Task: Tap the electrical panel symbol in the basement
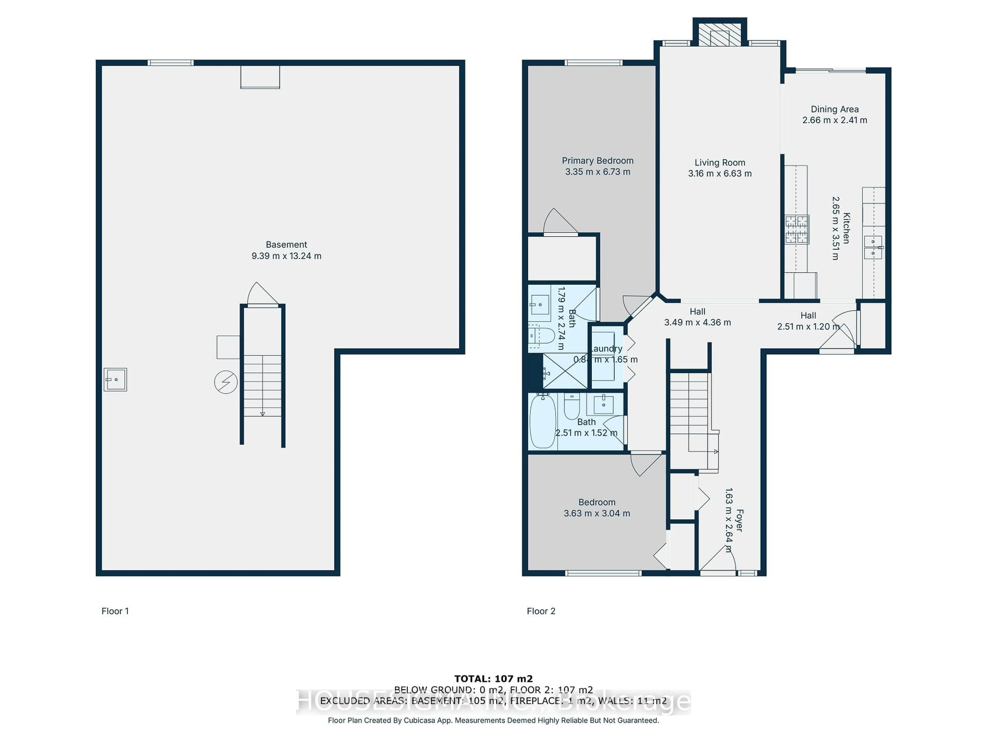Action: click(x=226, y=382)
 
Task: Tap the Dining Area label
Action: click(x=834, y=109)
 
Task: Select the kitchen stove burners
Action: click(x=797, y=229)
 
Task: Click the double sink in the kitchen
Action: click(x=873, y=248)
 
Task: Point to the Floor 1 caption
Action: click(x=115, y=611)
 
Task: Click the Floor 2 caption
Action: click(x=541, y=611)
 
